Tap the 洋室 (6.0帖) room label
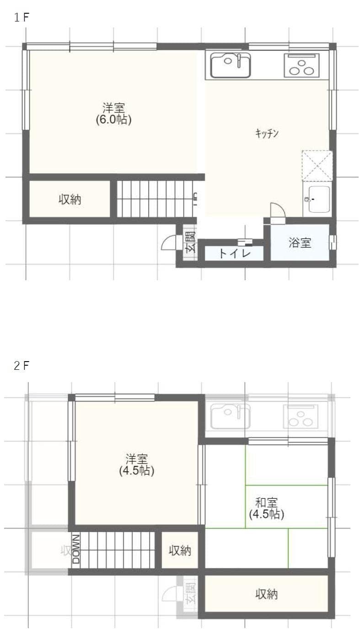114,114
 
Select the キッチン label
267,133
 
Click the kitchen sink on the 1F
230,65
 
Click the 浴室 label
300,243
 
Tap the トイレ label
234,253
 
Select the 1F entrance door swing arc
169,242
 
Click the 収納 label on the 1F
70,199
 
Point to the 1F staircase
156,199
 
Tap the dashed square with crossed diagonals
317,165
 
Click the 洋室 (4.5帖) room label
137,464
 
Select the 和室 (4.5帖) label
266,508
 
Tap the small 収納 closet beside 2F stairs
180,550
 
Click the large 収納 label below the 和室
266,594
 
